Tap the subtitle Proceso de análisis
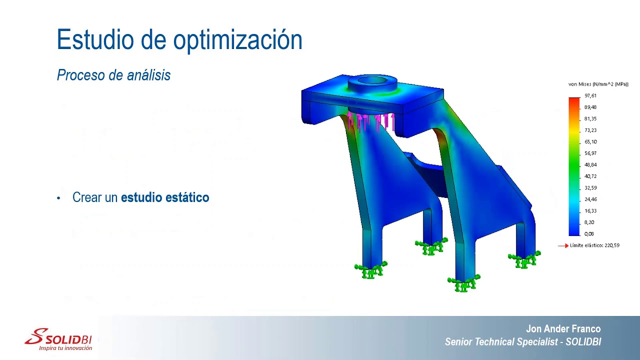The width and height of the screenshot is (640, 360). pos(113,75)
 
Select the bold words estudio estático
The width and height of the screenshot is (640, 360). pos(165,197)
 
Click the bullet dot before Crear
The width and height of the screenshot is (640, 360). pos(58,198)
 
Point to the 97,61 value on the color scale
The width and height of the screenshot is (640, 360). pos(590,95)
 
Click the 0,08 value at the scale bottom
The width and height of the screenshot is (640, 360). pos(589,234)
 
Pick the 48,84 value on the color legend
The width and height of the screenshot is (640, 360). pos(590,165)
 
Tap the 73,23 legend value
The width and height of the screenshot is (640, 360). pos(590,130)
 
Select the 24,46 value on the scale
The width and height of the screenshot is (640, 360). pos(590,199)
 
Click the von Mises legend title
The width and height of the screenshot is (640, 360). pos(598,84)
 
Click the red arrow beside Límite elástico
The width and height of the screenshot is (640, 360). pos(563,246)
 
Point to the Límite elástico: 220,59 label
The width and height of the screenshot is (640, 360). pos(594,246)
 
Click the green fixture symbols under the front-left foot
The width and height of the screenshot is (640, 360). pos(370,270)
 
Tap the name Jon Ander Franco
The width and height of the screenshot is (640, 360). pos(563,329)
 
